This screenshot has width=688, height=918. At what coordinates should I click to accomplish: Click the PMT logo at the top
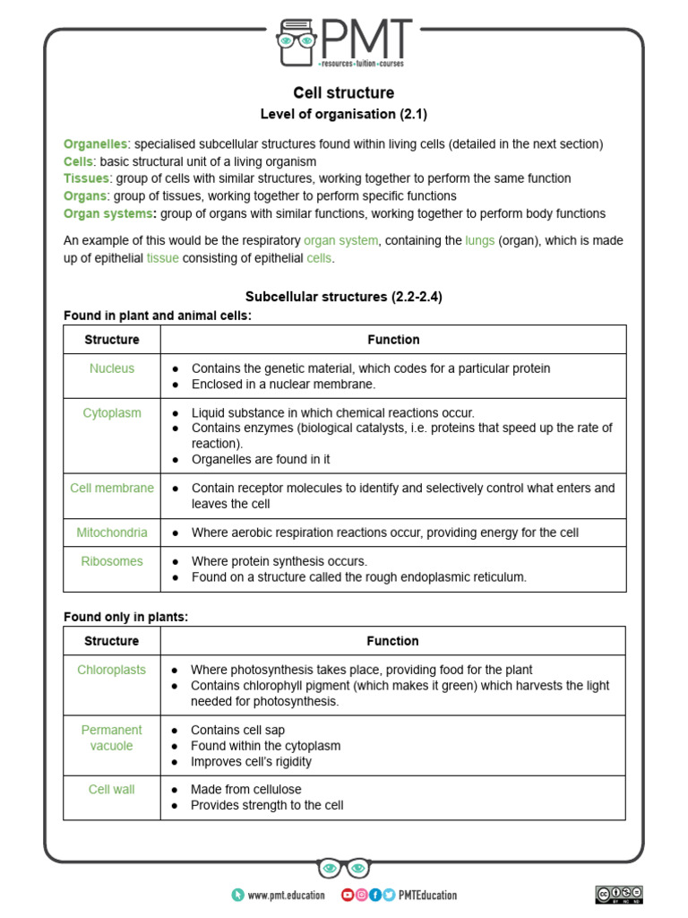pyautogui.click(x=344, y=42)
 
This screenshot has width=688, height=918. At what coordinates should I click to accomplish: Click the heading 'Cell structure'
pyautogui.click(x=344, y=93)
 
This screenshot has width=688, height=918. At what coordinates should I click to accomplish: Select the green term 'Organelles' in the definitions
pyautogui.click(x=96, y=144)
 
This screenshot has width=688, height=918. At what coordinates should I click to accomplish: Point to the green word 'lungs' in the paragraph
pyautogui.click(x=479, y=241)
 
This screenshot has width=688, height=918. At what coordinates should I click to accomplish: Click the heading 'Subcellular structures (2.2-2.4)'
pyautogui.click(x=344, y=297)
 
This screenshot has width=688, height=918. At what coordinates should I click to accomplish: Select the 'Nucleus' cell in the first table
pyautogui.click(x=112, y=368)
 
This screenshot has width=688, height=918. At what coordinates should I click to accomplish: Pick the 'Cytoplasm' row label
pyautogui.click(x=112, y=413)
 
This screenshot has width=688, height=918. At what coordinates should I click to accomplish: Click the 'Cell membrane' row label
pyautogui.click(x=112, y=489)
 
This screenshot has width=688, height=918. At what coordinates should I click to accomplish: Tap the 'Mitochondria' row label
pyautogui.click(x=112, y=533)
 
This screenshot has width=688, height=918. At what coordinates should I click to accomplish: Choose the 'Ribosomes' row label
pyautogui.click(x=112, y=561)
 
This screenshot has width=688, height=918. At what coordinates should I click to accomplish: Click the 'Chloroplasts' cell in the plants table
pyautogui.click(x=112, y=670)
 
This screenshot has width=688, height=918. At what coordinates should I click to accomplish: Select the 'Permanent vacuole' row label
pyautogui.click(x=112, y=738)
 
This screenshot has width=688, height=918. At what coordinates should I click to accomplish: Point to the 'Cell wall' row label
pyautogui.click(x=112, y=790)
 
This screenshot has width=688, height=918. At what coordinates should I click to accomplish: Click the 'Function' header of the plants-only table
pyautogui.click(x=392, y=641)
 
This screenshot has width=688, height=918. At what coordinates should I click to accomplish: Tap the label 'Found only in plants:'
pyautogui.click(x=125, y=618)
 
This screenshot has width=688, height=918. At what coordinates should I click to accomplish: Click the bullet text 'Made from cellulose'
pyautogui.click(x=246, y=790)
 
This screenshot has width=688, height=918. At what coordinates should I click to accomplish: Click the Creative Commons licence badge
pyautogui.click(x=619, y=894)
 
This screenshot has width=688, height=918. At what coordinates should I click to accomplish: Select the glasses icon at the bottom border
pyautogui.click(x=344, y=869)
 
